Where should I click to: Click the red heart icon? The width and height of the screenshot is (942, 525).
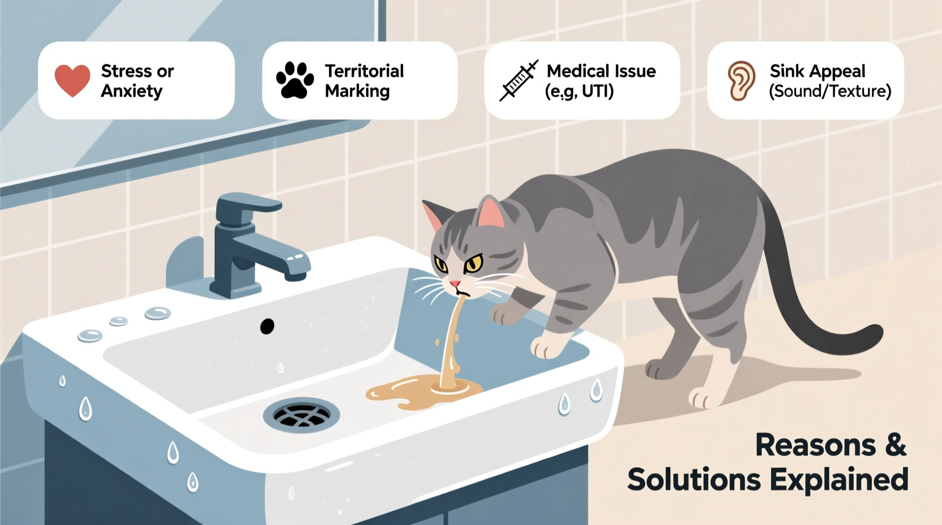(x=72, y=80)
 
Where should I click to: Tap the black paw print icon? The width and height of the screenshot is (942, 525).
(x=294, y=80)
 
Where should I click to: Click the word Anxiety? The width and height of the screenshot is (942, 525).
(x=131, y=91)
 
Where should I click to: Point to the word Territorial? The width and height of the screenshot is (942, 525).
(x=364, y=71)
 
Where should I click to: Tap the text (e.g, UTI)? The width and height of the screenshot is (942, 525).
(x=579, y=91)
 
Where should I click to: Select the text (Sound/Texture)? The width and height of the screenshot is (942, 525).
(x=830, y=91)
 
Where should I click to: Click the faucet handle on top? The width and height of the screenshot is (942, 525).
(x=249, y=204)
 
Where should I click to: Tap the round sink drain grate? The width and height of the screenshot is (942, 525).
(x=301, y=415)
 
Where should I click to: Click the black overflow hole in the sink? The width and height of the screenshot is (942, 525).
(x=267, y=326)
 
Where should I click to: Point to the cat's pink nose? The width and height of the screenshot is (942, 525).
(x=455, y=283)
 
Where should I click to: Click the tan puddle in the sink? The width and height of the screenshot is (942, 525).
(x=419, y=393)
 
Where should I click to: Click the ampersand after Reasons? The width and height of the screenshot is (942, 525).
(x=895, y=445)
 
